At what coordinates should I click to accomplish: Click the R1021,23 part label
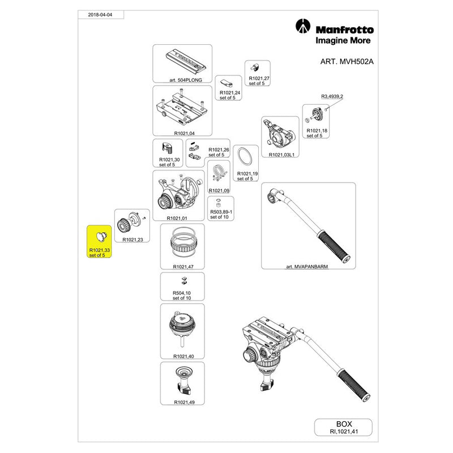click(x=132, y=240)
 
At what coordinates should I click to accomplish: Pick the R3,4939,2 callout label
click(x=332, y=97)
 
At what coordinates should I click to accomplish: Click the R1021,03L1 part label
click(x=281, y=155)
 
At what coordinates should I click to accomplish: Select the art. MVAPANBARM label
click(x=308, y=264)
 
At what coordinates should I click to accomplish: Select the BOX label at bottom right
click(x=343, y=423)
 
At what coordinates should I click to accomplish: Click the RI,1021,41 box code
click(x=343, y=431)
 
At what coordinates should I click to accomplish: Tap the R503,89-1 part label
click(x=218, y=212)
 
